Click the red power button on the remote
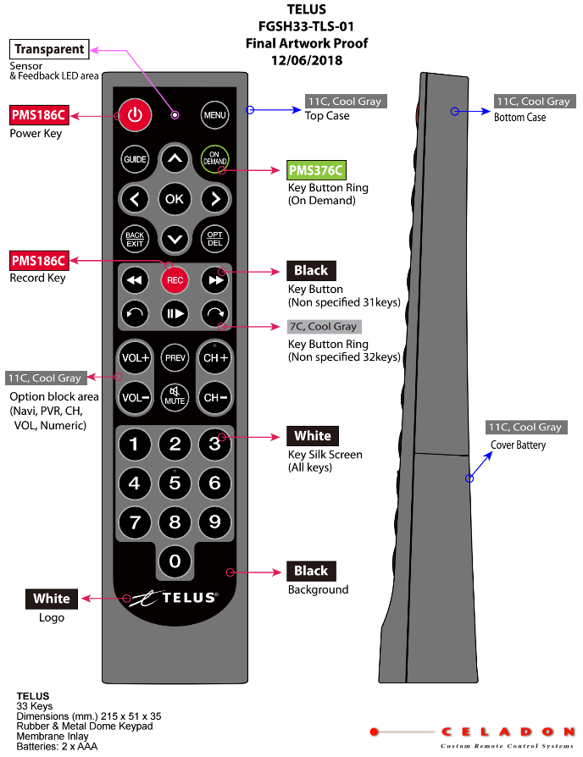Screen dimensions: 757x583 [x=133, y=114]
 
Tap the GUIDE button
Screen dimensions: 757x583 [x=134, y=159]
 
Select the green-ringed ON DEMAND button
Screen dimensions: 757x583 [x=214, y=159]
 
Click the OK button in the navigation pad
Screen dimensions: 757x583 [x=175, y=199]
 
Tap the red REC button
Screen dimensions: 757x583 [x=175, y=279]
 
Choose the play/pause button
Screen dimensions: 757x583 [x=175, y=312]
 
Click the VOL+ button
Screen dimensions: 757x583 [x=135, y=358]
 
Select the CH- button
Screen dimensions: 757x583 [x=214, y=397]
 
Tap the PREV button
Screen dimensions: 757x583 [x=175, y=358]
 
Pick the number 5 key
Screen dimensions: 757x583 [x=175, y=483]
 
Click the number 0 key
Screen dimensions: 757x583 [x=175, y=560]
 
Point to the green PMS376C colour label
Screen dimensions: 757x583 [x=316, y=170]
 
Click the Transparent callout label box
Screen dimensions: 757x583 [x=48, y=49]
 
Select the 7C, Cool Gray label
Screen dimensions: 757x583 [x=324, y=327]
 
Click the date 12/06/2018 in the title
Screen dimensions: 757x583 [x=307, y=60]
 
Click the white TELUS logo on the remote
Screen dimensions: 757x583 [x=175, y=598]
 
